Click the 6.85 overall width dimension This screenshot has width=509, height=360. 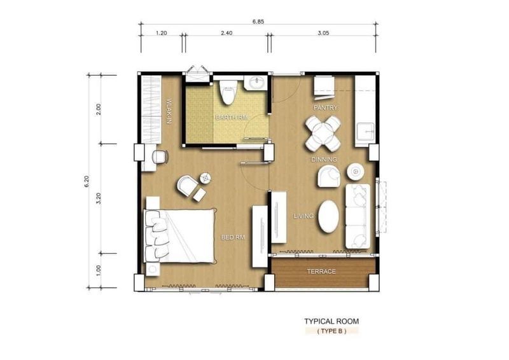tap(258, 22)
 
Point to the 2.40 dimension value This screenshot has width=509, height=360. tap(227, 33)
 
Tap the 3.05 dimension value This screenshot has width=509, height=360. tap(323, 33)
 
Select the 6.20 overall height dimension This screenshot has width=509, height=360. tap(87, 181)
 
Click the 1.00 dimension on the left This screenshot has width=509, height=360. tap(99, 270)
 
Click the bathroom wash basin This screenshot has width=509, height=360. tap(256, 83)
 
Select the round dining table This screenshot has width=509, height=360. tap(323, 134)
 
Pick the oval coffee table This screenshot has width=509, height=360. tap(328, 216)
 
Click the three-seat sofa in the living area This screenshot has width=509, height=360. tap(358, 216)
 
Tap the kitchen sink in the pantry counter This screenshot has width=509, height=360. tap(365, 131)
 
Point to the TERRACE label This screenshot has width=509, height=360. tap(321, 272)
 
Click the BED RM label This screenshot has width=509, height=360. tap(233, 238)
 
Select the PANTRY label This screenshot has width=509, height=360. tap(325, 107)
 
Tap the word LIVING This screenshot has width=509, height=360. tap(303, 216)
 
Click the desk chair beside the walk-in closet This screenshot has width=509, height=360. tap(160, 157)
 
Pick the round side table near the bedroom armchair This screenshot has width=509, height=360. tap(205, 177)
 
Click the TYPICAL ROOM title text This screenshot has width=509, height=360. tap(331, 321)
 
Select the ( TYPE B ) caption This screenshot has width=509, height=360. tap(331, 331)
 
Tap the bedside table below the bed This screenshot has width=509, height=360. tap(153, 269)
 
